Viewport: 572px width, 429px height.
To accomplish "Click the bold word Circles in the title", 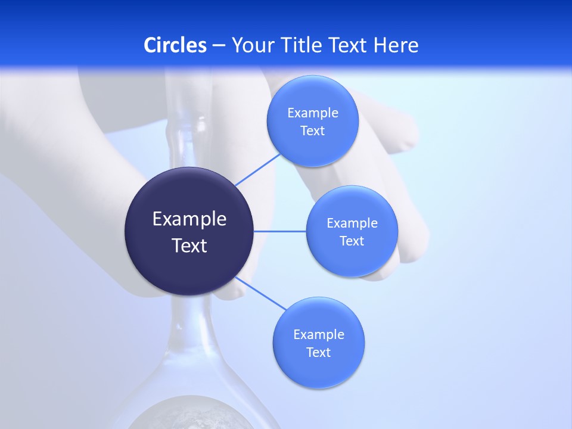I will (175, 45).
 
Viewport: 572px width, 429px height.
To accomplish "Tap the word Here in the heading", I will (396, 45).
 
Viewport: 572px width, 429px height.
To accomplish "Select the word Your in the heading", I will (252, 45).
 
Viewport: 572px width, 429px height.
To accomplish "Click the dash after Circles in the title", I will (218, 46).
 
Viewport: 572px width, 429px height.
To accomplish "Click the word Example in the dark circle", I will (189, 219).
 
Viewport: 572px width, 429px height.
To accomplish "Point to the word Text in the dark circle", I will (189, 245).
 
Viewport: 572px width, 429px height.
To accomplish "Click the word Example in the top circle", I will (313, 113).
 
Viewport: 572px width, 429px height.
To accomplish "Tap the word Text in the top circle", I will (313, 131).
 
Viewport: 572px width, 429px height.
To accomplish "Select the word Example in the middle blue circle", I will (352, 223).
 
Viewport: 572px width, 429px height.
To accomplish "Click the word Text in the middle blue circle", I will (352, 241).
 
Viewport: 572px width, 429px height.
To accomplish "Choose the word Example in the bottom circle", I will (319, 335).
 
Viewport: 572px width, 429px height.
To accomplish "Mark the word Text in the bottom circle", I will (319, 353).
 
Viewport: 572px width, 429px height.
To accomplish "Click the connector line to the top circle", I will (258, 169).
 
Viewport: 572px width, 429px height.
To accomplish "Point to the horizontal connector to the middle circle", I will (280, 231).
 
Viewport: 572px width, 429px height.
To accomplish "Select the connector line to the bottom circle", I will (261, 293).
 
